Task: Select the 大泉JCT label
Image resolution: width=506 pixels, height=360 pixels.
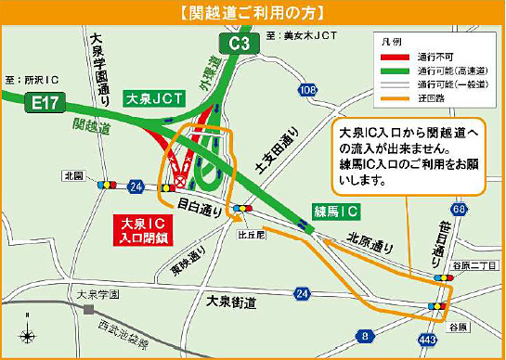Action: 152,96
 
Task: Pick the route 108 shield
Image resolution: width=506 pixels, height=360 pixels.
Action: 307,90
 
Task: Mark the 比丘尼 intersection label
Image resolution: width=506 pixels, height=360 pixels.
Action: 246,236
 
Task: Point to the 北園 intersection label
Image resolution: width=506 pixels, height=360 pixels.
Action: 74,174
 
